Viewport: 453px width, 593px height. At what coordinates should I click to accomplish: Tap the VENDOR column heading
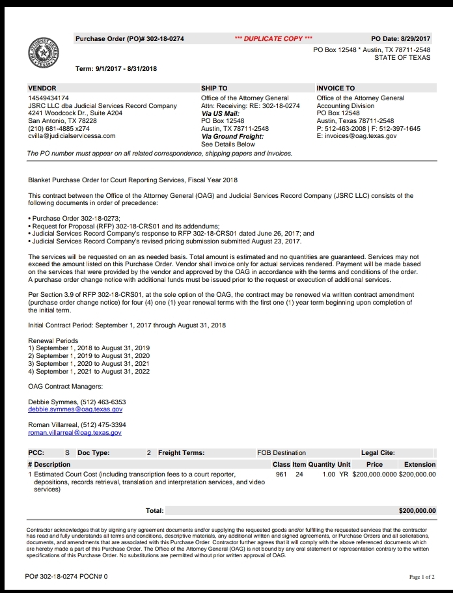point(42,88)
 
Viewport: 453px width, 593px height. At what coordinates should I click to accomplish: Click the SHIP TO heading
point(214,88)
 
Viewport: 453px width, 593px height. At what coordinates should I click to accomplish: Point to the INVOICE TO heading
point(335,88)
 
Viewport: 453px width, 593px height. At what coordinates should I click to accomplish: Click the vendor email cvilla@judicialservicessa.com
point(72,136)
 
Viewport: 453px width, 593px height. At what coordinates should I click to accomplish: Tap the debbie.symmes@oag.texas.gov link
point(75,409)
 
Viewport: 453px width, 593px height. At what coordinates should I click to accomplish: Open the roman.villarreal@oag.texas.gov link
point(75,432)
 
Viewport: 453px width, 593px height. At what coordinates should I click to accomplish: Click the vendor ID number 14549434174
point(49,98)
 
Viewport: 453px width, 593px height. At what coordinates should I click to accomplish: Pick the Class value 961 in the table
point(281,475)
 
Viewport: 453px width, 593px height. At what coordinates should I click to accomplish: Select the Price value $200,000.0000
point(374,475)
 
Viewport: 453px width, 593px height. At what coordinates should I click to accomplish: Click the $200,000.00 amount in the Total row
point(417,511)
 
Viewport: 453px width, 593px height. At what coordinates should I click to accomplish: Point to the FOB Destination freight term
point(281,452)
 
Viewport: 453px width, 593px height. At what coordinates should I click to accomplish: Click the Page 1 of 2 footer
point(422,577)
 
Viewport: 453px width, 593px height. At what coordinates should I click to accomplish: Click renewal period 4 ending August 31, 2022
point(89,372)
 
